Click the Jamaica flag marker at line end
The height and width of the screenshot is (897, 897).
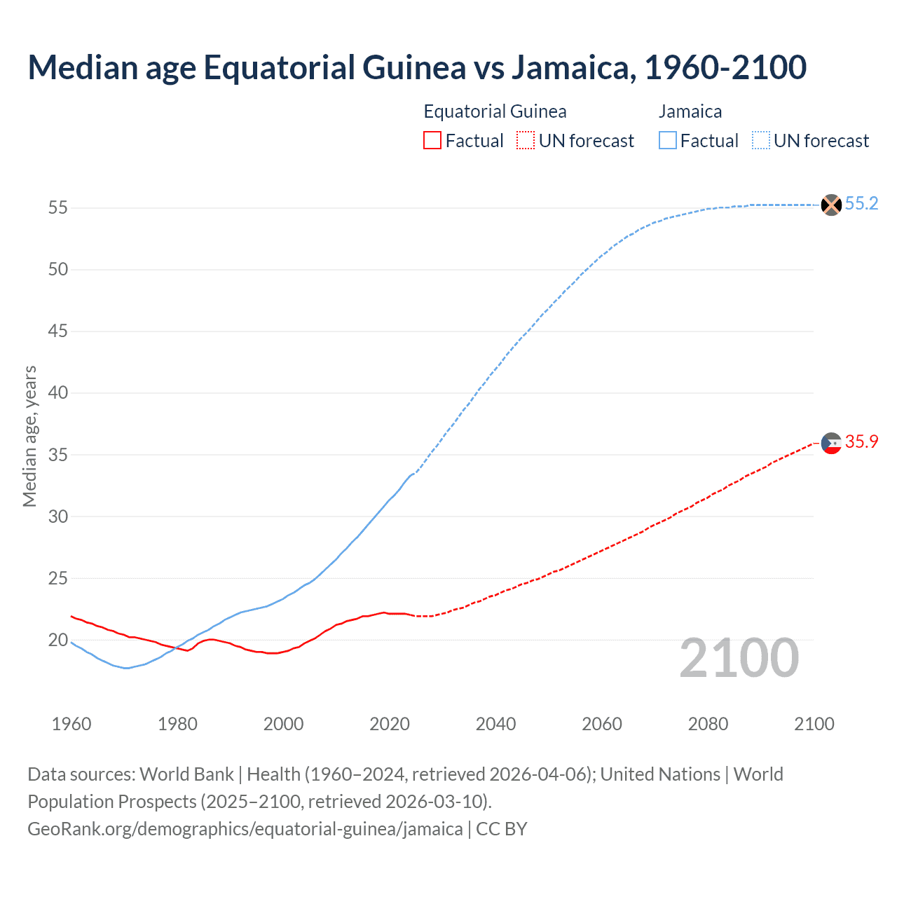[x=831, y=205]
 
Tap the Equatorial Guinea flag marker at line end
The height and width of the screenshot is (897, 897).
[x=831, y=443]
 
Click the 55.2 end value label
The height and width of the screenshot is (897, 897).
[x=861, y=204]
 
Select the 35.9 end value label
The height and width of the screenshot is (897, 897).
[x=861, y=442]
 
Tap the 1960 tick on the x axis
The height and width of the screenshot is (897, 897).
[x=71, y=724]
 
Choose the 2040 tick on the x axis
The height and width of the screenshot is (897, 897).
[x=495, y=724]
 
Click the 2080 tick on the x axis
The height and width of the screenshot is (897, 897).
[x=708, y=724]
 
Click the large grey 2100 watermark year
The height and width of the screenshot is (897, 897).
[x=739, y=658]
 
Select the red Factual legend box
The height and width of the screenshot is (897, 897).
[x=432, y=141]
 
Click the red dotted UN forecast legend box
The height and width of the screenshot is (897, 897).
[x=526, y=141]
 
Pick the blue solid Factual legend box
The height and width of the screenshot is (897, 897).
[x=668, y=141]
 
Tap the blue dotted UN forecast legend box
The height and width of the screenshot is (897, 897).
[x=761, y=141]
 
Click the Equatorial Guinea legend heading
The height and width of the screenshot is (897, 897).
[x=495, y=111]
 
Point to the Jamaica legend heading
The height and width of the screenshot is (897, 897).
[x=690, y=111]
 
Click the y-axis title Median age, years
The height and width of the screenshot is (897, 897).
[x=29, y=436]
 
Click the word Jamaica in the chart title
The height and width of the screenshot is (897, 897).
[x=571, y=67]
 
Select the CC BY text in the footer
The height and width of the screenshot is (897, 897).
[x=501, y=829]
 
